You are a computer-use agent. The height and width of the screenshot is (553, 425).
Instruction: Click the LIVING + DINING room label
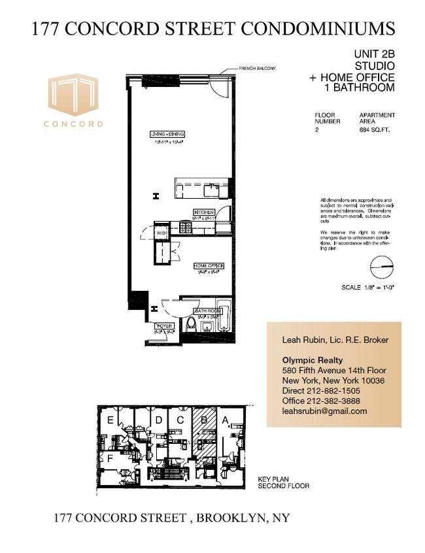166,135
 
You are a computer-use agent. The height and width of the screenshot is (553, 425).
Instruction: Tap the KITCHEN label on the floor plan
203,213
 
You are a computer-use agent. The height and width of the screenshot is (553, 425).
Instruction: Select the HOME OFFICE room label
209,265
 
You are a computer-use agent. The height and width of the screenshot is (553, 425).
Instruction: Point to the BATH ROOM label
205,310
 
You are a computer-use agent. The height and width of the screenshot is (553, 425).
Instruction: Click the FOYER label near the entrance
164,326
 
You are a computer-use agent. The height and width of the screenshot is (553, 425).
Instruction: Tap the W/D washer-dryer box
161,232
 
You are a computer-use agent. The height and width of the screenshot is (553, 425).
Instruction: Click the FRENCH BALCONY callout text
257,69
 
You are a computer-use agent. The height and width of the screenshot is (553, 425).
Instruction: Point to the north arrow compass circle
383,267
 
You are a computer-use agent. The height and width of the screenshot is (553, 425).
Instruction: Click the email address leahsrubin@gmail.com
324,411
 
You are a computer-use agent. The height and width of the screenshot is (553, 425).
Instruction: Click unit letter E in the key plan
111,420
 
